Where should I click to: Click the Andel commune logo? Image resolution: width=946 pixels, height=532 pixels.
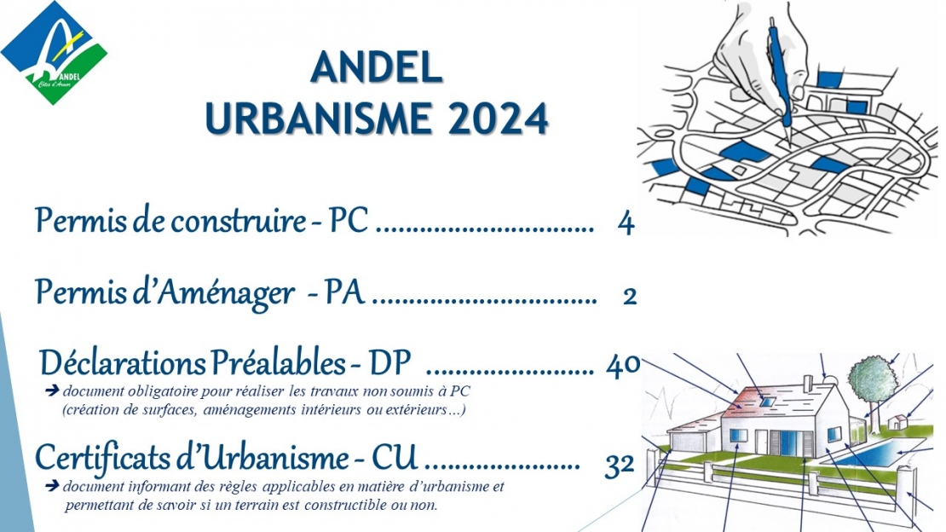pyautogui.click(x=54, y=53)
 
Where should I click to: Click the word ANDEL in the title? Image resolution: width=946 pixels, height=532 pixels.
pyautogui.click(x=377, y=67)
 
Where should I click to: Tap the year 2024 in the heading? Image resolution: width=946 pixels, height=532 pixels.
pyautogui.click(x=499, y=118)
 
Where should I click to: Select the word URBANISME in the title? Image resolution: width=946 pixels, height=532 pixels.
pyautogui.click(x=319, y=118)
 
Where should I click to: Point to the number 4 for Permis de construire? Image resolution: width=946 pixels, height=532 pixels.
pyautogui.click(x=626, y=223)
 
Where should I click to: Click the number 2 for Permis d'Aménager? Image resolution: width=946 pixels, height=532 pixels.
pyautogui.click(x=630, y=297)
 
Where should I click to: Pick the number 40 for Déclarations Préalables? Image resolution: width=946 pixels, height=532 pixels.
pyautogui.click(x=623, y=366)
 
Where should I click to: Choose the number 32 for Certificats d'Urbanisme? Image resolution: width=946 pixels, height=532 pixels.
pyautogui.click(x=620, y=465)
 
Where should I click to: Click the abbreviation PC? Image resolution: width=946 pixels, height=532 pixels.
pyautogui.click(x=348, y=220)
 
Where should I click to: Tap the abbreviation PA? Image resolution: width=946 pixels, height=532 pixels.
pyautogui.click(x=345, y=292)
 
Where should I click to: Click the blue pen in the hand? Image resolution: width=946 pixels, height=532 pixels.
pyautogui.click(x=780, y=78)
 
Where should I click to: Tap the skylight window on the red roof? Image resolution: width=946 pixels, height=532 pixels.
pyautogui.click(x=767, y=401)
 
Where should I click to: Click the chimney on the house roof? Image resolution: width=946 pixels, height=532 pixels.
pyautogui.click(x=808, y=383)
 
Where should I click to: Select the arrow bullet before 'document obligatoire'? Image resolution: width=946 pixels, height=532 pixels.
pyautogui.click(x=52, y=390)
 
